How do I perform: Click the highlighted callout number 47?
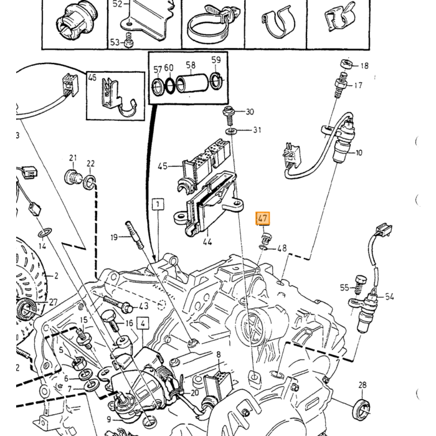[263, 218]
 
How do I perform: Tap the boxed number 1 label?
[158, 204]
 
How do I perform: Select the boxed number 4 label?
[143, 323]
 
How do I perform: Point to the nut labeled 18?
[346, 64]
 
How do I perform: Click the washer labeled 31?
[230, 130]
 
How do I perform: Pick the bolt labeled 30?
[229, 115]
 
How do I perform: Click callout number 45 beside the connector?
[163, 166]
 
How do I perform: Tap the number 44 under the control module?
[207, 242]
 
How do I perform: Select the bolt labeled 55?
[361, 284]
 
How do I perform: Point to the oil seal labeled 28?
[362, 409]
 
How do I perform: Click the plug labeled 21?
[73, 177]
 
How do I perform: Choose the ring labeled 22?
[90, 182]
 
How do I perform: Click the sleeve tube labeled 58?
[192, 83]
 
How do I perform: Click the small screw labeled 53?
[128, 40]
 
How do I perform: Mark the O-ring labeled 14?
[44, 232]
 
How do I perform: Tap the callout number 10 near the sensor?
[359, 153]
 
